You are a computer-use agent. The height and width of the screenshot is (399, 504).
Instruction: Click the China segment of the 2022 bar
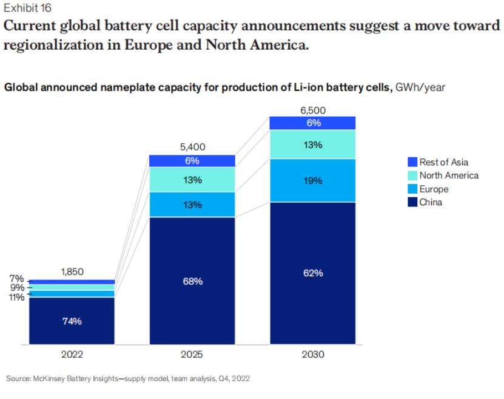[72, 321]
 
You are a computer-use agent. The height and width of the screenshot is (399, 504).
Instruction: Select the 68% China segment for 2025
[192, 281]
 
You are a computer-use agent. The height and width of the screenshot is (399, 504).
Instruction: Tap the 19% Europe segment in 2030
[313, 180]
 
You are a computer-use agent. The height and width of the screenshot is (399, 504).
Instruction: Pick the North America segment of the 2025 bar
[192, 180]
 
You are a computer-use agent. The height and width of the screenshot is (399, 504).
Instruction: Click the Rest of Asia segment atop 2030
[313, 123]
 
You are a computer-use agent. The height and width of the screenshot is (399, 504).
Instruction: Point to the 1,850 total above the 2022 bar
[72, 272]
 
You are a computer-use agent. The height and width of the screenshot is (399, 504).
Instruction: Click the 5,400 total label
[193, 146]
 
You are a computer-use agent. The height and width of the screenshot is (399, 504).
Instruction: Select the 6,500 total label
[313, 110]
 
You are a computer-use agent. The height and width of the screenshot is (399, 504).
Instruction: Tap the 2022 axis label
[72, 354]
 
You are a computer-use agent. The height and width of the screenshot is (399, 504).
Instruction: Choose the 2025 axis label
[192, 354]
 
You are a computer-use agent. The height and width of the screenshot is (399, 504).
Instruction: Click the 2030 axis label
[313, 354]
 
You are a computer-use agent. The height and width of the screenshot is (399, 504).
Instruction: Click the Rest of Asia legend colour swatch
[412, 162]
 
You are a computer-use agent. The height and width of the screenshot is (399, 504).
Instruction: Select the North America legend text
[448, 176]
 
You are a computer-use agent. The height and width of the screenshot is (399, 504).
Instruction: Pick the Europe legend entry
[433, 189]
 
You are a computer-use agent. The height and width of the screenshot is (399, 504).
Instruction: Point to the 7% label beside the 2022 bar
[16, 279]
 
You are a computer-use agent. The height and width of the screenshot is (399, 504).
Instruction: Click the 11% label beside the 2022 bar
[16, 297]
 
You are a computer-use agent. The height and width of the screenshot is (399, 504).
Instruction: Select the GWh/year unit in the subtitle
[420, 87]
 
